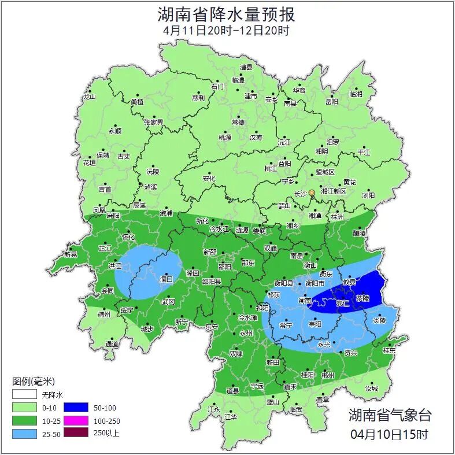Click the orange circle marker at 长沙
coord(312,193)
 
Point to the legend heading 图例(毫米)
coord(33,382)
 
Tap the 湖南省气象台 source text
coord(390,415)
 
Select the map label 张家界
coord(154,123)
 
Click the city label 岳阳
coord(331,102)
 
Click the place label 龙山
coord(89,97)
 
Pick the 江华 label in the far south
coord(231,416)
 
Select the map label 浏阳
coord(368,195)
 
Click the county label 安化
coord(209,179)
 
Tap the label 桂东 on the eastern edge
coord(389,350)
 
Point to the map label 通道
coord(112,345)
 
